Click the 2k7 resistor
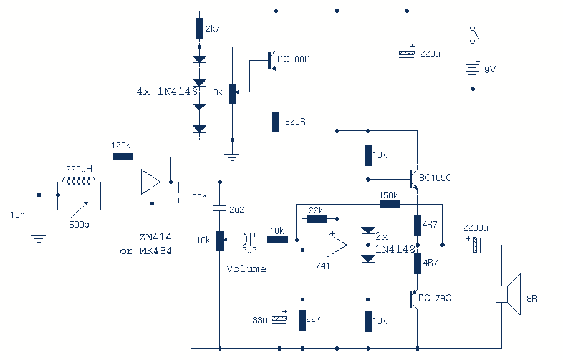(200, 28)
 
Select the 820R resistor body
(276, 122)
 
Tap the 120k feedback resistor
(123, 157)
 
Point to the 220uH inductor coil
(79, 180)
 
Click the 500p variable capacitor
(79, 210)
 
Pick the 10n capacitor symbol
(39, 215)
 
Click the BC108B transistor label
(294, 59)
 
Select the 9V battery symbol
(473, 69)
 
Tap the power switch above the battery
(474, 34)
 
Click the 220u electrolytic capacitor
(407, 54)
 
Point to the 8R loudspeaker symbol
(508, 294)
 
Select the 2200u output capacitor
(477, 245)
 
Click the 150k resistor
(390, 204)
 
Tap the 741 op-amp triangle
(336, 245)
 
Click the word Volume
(246, 269)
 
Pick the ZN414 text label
(155, 237)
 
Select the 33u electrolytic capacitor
(279, 318)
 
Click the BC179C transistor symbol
(413, 299)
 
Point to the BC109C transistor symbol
(413, 179)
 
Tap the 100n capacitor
(179, 196)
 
